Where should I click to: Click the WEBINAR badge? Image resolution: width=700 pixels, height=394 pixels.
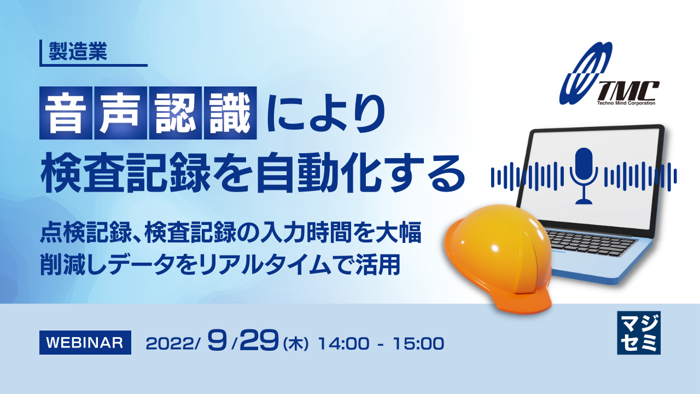(x=85, y=343)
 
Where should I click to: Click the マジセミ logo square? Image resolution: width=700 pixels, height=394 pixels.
(x=638, y=333)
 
